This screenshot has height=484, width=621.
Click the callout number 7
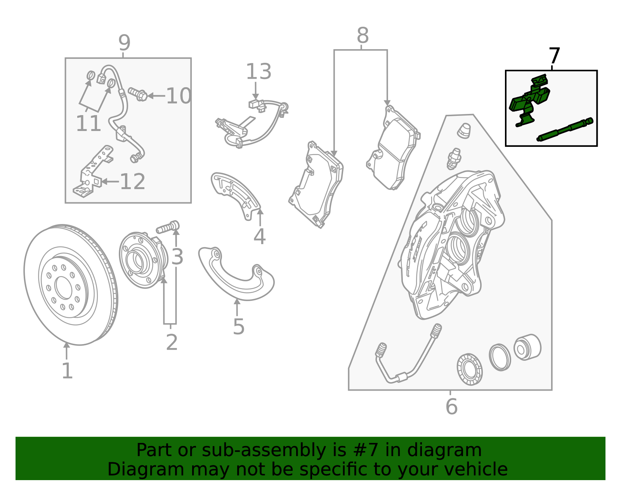tap(554, 56)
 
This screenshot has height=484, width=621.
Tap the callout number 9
tap(124, 43)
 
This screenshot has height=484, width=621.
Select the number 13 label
tap(258, 72)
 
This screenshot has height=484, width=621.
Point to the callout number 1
tap(67, 371)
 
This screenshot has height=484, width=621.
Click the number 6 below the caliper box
tap(451, 406)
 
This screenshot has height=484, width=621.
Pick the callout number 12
tap(132, 181)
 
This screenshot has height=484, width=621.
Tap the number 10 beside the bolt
tap(178, 96)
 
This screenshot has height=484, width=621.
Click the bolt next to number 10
tap(137, 93)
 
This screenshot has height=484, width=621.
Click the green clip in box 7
tap(529, 100)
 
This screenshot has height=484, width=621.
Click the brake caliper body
tap(450, 244)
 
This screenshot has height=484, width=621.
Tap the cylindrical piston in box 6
tap(527, 347)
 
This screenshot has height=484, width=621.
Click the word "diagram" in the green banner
tap(444, 450)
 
